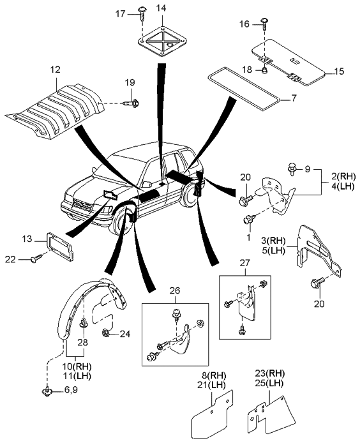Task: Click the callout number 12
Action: click(x=56, y=70)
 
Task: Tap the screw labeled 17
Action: click(x=142, y=13)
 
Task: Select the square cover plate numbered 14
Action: click(x=163, y=41)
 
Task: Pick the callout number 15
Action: click(x=339, y=71)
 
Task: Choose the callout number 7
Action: click(x=294, y=98)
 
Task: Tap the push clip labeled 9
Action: click(x=292, y=169)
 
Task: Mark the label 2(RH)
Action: click(x=343, y=177)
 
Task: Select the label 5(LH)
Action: click(x=274, y=250)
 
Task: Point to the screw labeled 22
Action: click(x=36, y=259)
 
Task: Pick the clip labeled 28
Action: click(x=84, y=322)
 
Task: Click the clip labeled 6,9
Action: click(x=47, y=391)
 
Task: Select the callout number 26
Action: click(x=175, y=291)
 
